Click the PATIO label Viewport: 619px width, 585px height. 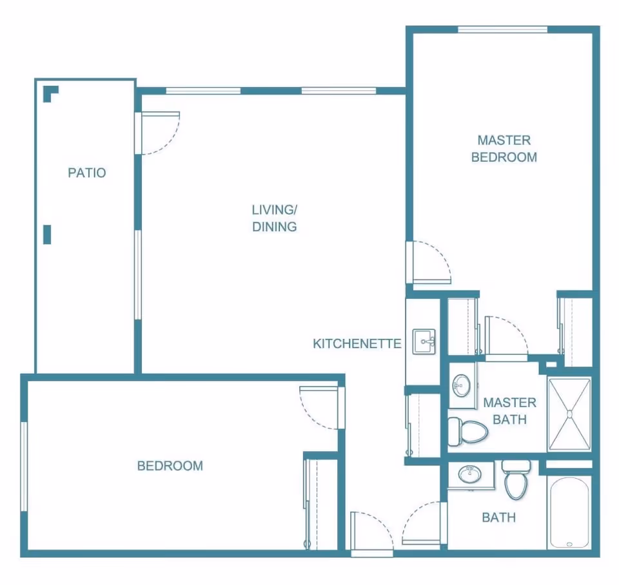(x=87, y=173)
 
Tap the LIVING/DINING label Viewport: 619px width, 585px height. (x=275, y=218)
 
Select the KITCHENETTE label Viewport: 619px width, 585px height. (x=357, y=343)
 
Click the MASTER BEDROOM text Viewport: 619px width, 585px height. (x=504, y=149)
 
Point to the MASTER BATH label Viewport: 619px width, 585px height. (x=509, y=410)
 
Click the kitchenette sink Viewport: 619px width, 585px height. (x=424, y=341)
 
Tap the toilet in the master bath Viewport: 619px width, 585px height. (x=468, y=432)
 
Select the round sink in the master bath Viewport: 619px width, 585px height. (x=461, y=385)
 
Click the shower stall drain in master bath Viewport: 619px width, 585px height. (x=569, y=414)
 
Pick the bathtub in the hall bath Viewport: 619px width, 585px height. (x=569, y=512)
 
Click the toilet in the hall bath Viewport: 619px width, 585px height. (x=516, y=479)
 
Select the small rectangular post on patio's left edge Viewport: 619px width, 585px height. (x=47, y=235)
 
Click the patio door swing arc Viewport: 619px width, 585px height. (x=168, y=138)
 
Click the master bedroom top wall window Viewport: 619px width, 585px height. (x=502, y=30)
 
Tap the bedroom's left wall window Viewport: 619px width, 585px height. (x=24, y=466)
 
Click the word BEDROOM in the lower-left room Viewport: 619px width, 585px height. (x=170, y=466)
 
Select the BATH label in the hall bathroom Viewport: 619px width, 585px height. (x=499, y=517)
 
